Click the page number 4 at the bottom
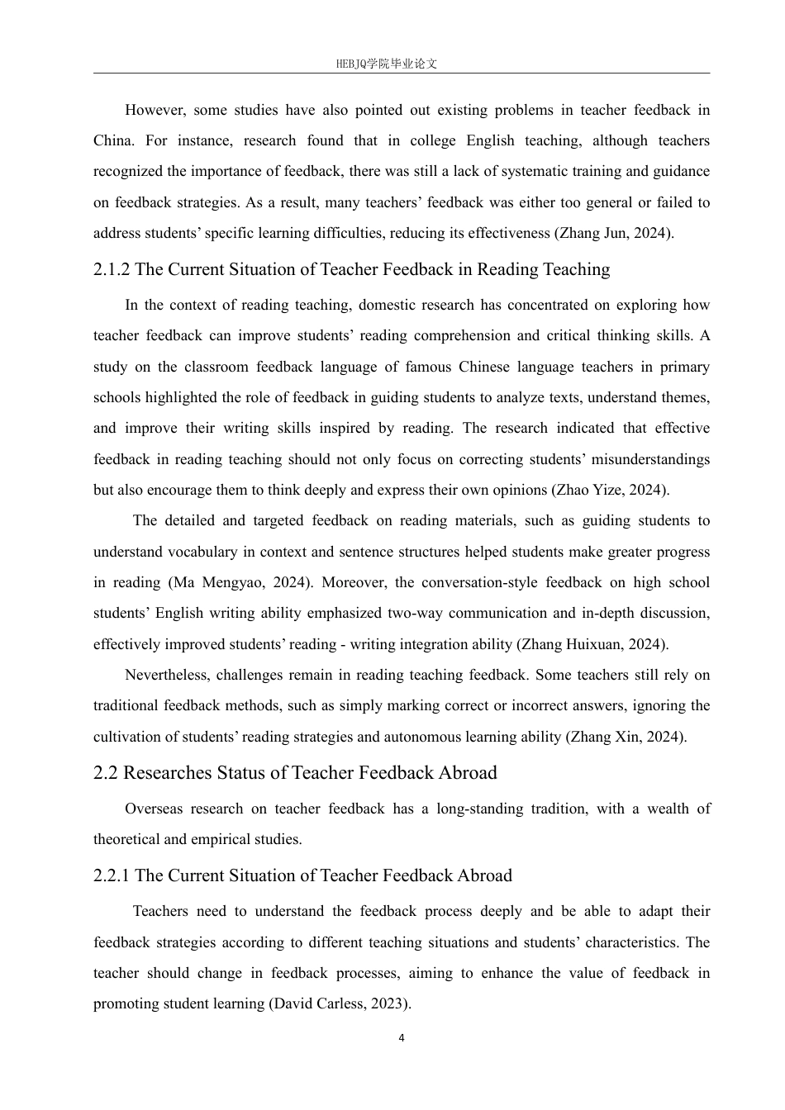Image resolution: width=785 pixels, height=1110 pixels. coord(402,1038)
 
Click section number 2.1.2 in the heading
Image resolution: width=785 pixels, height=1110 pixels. coord(112,269)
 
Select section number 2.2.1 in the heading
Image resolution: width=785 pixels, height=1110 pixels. coord(112,875)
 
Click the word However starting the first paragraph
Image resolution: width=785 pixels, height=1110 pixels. coord(155,110)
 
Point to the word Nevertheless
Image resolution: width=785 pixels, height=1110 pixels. coord(167,675)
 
